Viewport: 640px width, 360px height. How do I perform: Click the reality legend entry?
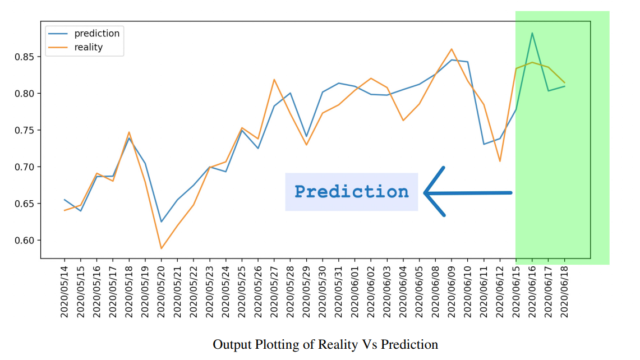(88, 48)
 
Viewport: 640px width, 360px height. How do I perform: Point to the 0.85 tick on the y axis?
(25, 57)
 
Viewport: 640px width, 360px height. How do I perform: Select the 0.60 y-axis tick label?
(25, 241)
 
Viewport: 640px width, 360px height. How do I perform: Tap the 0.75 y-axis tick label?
(25, 130)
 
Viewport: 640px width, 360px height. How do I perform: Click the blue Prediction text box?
(352, 192)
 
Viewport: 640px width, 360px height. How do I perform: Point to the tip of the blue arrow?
(425, 193)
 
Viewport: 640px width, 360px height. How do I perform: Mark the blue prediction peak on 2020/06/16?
(532, 33)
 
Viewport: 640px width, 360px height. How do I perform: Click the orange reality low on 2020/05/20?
(161, 248)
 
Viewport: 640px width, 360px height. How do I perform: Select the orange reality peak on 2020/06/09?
(452, 49)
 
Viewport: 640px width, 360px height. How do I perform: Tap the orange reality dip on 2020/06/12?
(500, 161)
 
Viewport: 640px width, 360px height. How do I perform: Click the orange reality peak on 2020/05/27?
(274, 79)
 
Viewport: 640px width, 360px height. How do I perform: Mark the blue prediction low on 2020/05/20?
(161, 221)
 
